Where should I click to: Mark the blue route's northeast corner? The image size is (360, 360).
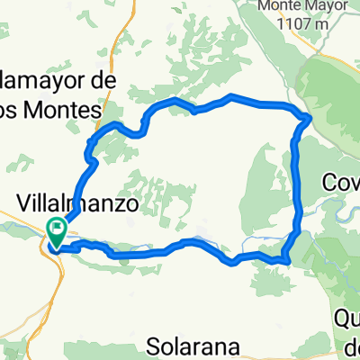[x=309, y=116]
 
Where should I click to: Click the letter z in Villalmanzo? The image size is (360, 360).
[x=117, y=205]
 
